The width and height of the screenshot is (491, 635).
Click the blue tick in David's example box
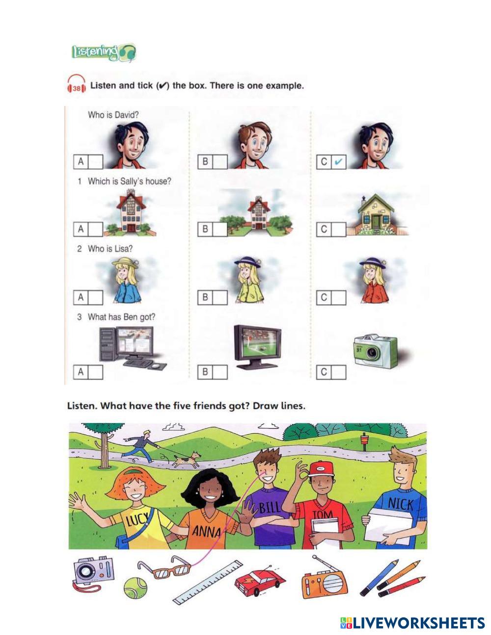338,162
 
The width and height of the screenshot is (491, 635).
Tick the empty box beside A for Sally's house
95,229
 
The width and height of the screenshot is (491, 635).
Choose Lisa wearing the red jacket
374,280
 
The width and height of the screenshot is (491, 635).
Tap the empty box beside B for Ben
220,372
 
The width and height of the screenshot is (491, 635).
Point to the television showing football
257,347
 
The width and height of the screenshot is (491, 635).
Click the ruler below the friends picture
208,582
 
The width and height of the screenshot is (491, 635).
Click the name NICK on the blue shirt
400,505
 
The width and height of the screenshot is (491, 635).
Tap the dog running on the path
187,459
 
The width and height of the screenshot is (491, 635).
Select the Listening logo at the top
104,53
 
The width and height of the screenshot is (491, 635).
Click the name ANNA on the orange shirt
206,530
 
